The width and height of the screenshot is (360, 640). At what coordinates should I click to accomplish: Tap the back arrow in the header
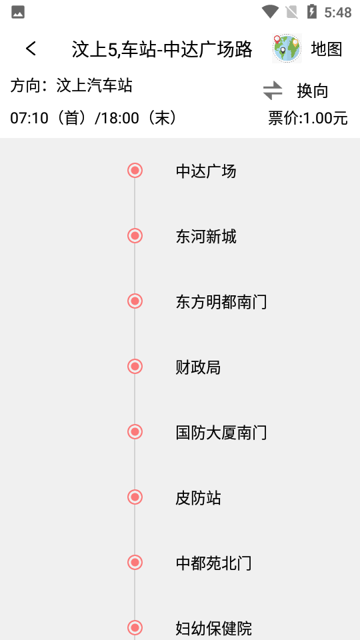point(31,49)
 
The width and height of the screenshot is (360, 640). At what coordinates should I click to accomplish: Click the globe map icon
point(287,49)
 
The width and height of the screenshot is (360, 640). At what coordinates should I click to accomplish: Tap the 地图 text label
point(327,49)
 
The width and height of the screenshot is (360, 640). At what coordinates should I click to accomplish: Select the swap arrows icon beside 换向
point(273,90)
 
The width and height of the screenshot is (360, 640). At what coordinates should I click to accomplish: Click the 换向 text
point(313,91)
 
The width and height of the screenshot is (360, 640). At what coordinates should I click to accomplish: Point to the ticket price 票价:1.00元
point(308,119)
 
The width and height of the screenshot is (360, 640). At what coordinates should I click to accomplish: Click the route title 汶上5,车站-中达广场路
point(162,49)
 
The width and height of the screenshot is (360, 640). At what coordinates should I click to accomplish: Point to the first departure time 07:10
point(29,119)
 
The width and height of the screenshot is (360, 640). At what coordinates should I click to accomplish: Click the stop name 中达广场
point(206,171)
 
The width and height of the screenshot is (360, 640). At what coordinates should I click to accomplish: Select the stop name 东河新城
point(206,237)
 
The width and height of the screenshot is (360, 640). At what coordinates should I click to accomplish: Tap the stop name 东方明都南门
point(221,302)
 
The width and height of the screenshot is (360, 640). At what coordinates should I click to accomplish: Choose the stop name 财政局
point(198,367)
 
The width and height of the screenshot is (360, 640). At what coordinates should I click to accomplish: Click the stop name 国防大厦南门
point(221,433)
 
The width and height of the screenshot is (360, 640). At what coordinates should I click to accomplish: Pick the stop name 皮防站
point(198,498)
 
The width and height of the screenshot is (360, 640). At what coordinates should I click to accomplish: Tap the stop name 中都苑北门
point(213,563)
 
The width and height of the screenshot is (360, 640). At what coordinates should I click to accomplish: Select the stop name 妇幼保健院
point(213,628)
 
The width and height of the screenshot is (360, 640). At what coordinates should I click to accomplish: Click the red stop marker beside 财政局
point(135,366)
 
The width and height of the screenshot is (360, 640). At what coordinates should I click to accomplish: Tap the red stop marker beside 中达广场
point(135,171)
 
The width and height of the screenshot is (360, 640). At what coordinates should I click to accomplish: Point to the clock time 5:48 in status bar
point(337,12)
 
